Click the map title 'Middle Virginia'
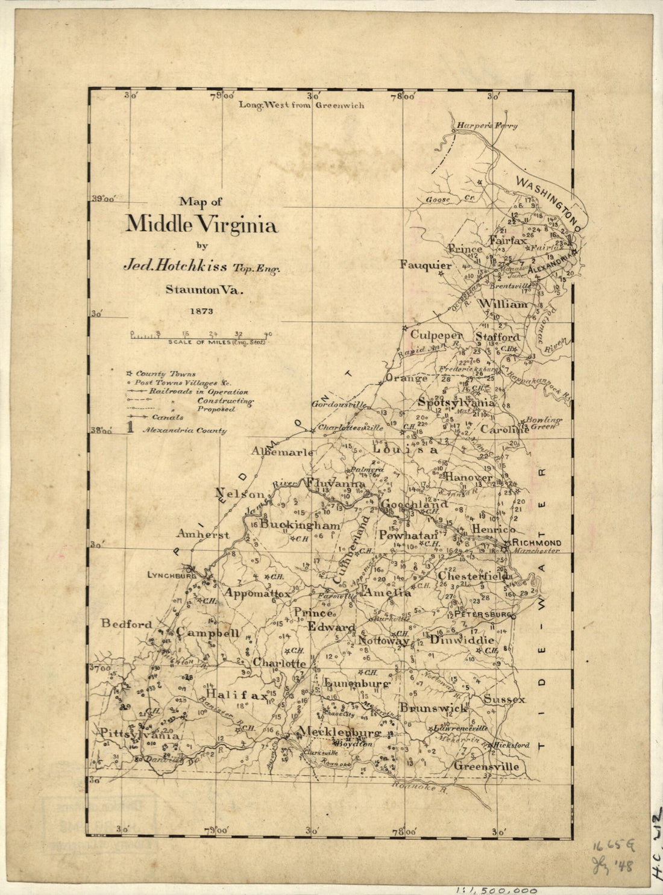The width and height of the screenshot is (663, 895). pyautogui.click(x=201, y=225)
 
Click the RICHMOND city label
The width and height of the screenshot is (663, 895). pyautogui.click(x=536, y=543)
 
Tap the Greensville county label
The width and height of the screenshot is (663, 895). pyautogui.click(x=486, y=767)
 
